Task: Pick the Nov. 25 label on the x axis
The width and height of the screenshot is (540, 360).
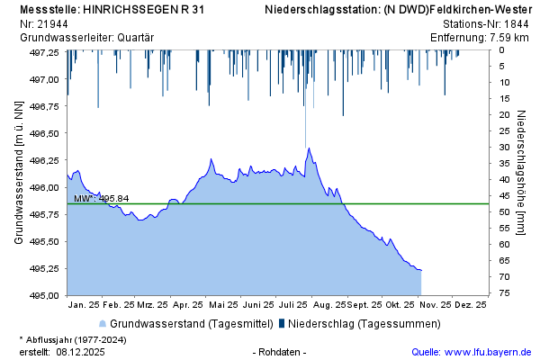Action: (436, 305)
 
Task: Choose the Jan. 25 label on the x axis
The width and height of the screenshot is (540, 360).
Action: (84, 305)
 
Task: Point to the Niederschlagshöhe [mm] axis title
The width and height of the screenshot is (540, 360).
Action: (521, 174)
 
